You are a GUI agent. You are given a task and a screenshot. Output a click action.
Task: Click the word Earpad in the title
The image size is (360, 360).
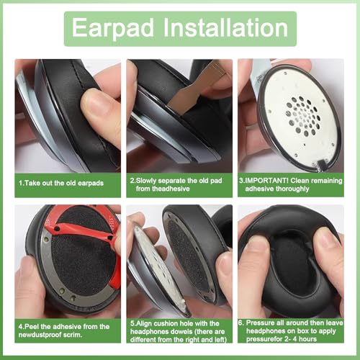click(x=113, y=28)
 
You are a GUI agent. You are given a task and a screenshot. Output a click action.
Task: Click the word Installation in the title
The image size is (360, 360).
click(x=226, y=27)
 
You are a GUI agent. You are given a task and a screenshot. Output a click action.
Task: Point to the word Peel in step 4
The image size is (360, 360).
click(x=32, y=327)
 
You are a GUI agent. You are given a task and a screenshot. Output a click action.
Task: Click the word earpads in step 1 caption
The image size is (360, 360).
click(x=91, y=183)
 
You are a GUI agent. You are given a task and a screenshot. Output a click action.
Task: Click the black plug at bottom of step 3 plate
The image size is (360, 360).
click(x=322, y=165)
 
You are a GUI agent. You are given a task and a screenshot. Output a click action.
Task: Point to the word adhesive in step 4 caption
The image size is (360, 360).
click(x=66, y=327)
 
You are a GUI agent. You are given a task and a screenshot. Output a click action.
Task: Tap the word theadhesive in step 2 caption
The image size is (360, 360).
click(x=163, y=189)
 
